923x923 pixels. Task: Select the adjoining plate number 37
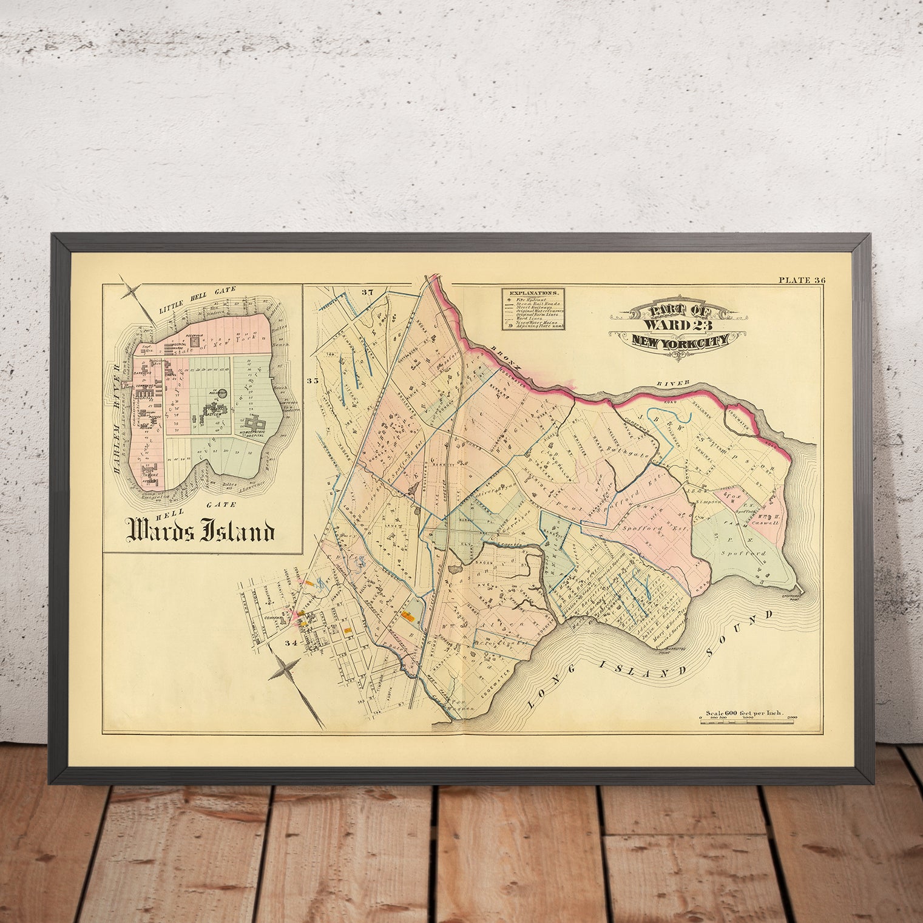366,292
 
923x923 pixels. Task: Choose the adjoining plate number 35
313,381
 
